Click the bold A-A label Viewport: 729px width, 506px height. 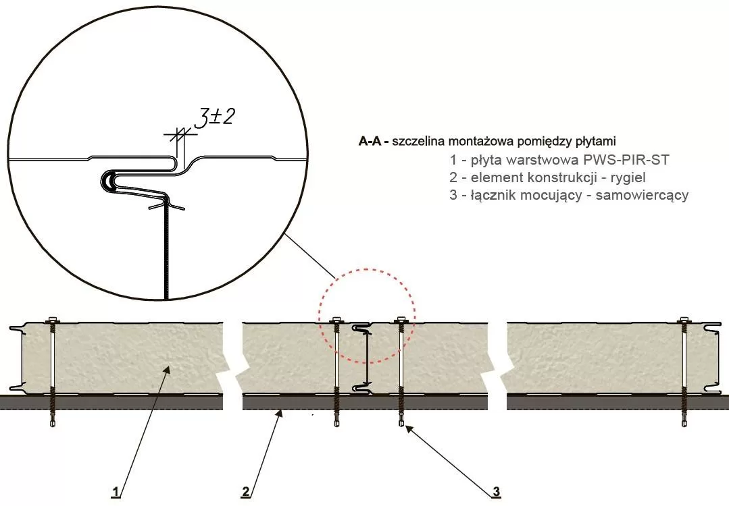point(372,142)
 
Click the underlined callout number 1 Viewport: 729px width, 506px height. point(116,491)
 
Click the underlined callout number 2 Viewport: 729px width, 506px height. point(246,491)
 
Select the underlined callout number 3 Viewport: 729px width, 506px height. point(497,492)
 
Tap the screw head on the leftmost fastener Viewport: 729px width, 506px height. point(52,320)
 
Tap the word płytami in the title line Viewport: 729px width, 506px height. point(596,142)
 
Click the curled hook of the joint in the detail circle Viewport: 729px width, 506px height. point(108,181)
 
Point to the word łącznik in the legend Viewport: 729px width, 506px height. point(486,196)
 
